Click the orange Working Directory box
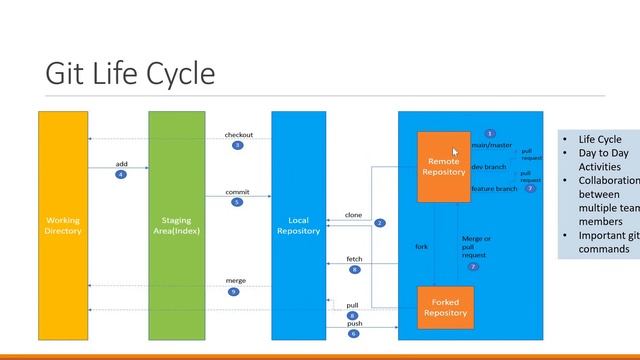pos(63,225)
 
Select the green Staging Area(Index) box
pos(177,225)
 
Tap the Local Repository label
pos(298,225)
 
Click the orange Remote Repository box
pos(443,166)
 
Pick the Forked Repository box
pos(445,307)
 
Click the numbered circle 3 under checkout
pos(238,145)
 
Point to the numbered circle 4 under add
pos(121,174)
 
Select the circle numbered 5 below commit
pos(237,202)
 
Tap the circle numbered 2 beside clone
pos(380,223)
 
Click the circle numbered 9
pos(233,292)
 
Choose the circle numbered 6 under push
pos(353,333)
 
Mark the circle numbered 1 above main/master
pos(490,133)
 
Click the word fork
pos(422,246)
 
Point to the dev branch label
pos(489,167)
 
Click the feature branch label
pos(495,188)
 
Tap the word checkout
pos(238,135)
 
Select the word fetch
pos(354,259)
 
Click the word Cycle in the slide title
pos(176,74)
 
